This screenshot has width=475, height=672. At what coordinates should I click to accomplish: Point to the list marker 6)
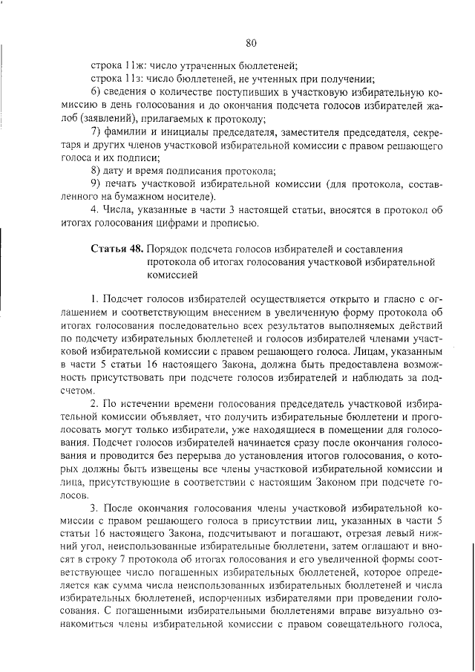(96, 93)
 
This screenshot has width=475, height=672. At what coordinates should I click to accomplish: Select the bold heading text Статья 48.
(117, 248)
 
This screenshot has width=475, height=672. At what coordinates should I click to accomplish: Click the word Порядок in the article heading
(170, 248)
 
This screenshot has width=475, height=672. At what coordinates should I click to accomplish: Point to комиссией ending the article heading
(172, 274)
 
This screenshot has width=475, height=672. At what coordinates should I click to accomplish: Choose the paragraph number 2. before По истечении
(95, 404)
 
